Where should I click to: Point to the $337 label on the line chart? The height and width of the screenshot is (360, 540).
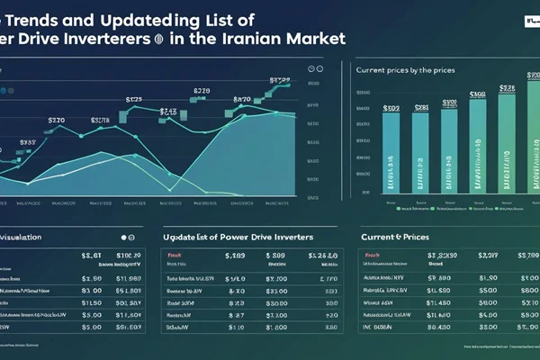pos(27,142)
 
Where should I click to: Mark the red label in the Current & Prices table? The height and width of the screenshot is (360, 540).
pos(369,256)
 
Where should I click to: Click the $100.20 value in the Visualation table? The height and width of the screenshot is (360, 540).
pos(130,256)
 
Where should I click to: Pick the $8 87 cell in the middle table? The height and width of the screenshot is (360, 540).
pos(236,316)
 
